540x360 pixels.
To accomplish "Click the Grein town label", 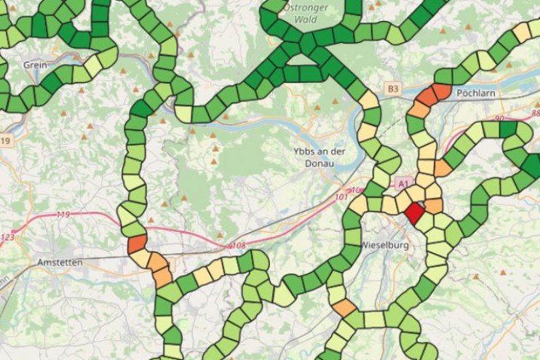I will pos(35,65).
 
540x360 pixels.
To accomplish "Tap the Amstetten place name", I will pos(60,262).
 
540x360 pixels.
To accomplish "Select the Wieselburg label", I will pos(385,245).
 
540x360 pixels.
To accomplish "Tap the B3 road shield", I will pos(394,89).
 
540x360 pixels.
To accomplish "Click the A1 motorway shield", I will pos(402,185).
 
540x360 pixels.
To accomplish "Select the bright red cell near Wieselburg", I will pos(415,212).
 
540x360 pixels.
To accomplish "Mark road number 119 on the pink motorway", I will pos(63,215).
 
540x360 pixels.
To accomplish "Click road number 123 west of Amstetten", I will pos(7,238).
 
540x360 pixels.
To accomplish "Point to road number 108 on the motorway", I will pos(238,246).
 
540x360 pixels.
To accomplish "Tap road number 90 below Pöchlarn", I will pos(499,118).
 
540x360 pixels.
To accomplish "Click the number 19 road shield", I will pos(6,140).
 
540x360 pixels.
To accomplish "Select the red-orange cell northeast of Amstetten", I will pos(137,244).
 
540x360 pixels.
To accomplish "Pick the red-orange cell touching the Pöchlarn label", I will pos(441,93).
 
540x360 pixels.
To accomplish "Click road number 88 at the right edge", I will pos(536,113).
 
